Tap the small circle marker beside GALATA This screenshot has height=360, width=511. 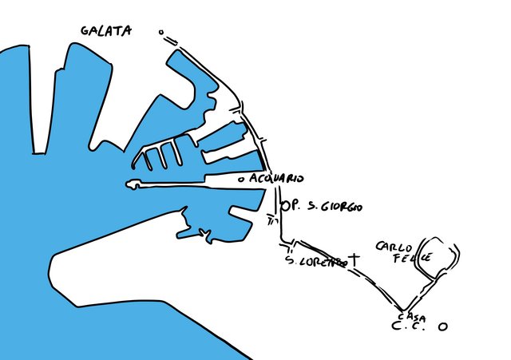[x=161, y=34]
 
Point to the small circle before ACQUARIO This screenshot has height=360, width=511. [x=240, y=180]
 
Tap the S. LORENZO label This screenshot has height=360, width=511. [x=315, y=261]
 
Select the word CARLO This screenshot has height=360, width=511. [x=393, y=246]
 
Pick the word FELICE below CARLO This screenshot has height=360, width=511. [x=414, y=259]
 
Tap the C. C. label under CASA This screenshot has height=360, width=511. [x=409, y=327]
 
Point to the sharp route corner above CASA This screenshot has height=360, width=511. [x=403, y=310]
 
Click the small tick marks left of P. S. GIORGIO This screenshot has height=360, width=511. [x=271, y=217]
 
